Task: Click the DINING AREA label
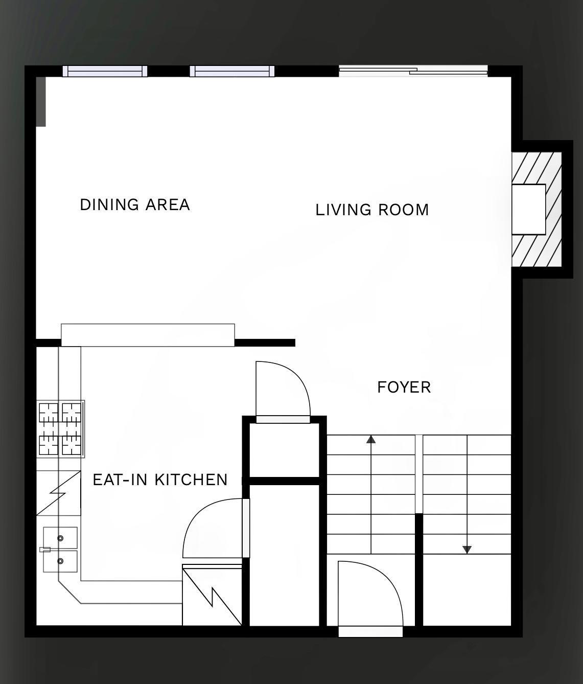(x=135, y=204)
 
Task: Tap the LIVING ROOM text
(x=372, y=210)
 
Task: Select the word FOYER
(x=404, y=387)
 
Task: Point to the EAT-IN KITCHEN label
(x=160, y=480)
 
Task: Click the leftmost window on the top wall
(x=105, y=71)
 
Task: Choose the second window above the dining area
(x=232, y=71)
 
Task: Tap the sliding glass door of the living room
(x=413, y=71)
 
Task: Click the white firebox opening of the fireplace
(x=529, y=209)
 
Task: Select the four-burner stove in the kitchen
(x=60, y=429)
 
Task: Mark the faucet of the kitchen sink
(x=45, y=550)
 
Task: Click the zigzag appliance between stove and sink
(x=58, y=493)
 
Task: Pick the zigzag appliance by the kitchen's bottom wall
(x=212, y=595)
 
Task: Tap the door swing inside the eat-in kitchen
(x=212, y=529)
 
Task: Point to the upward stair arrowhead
(x=371, y=439)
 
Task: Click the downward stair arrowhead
(x=467, y=550)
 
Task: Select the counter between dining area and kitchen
(x=148, y=335)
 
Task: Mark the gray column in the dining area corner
(x=41, y=101)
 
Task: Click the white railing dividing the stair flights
(x=418, y=474)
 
